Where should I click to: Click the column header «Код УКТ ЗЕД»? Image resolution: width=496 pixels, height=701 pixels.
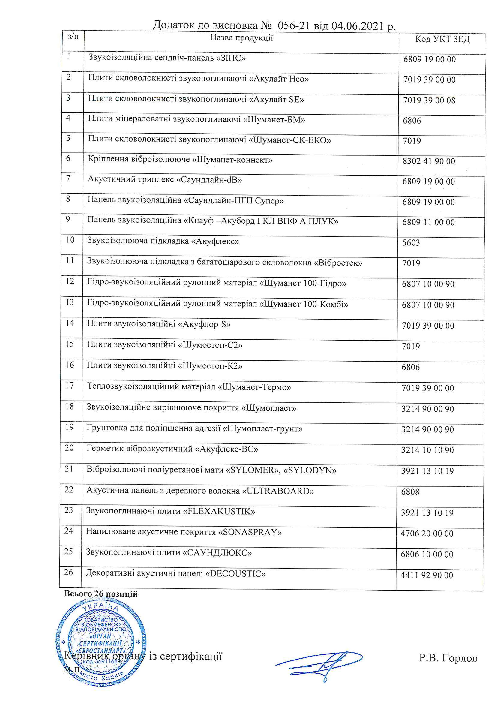pyautogui.click(x=442, y=39)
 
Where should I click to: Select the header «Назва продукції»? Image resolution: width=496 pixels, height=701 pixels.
pyautogui.click(x=242, y=38)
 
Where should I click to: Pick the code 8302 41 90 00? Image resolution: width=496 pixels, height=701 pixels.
pyautogui.click(x=429, y=161)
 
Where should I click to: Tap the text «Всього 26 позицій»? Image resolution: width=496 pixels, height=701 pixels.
pyautogui.click(x=101, y=594)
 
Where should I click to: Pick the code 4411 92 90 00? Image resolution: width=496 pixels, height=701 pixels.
pyautogui.click(x=427, y=575)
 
